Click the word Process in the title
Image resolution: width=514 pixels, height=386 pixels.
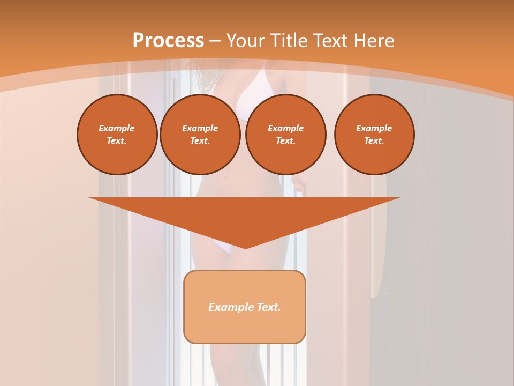tap(168, 41)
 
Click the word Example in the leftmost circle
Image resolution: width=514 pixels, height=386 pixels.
tap(117, 128)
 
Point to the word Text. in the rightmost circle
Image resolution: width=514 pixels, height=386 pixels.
tap(374, 140)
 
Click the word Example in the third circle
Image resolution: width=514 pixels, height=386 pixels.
tap(285, 128)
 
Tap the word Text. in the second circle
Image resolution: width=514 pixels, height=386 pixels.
tap(200, 140)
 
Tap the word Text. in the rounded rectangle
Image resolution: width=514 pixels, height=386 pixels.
tap(268, 307)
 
